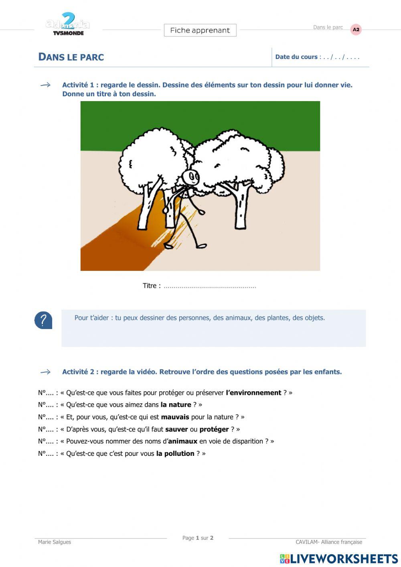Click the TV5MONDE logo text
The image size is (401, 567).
click(68, 33)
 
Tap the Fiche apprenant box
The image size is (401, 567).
click(200, 30)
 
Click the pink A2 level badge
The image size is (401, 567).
click(356, 30)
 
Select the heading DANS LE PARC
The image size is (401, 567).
click(71, 57)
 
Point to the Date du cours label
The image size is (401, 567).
click(296, 57)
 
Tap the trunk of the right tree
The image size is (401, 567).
click(241, 209)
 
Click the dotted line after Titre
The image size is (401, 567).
click(210, 287)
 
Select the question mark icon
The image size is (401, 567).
click(43, 320)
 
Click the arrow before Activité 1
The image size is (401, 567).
click(45, 85)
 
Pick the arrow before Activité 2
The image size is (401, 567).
click(45, 372)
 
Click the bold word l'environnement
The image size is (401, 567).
click(253, 393)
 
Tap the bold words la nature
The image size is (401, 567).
click(176, 405)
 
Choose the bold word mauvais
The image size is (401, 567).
click(175, 417)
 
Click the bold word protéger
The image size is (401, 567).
click(214, 429)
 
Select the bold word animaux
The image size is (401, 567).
click(182, 441)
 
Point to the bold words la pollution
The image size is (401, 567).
click(175, 454)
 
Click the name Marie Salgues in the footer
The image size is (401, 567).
click(55, 542)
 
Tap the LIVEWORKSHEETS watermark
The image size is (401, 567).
click(339, 559)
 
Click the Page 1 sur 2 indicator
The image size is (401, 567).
click(198, 538)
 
